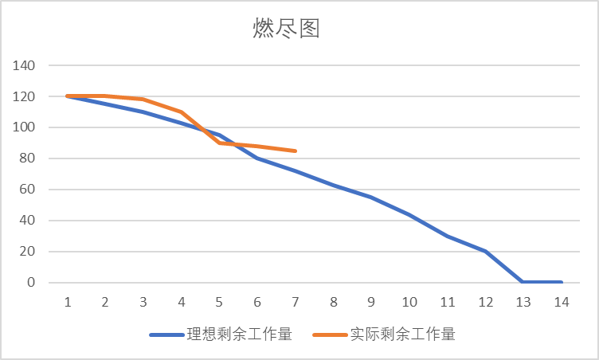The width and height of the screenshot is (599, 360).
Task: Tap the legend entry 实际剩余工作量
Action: coord(402,335)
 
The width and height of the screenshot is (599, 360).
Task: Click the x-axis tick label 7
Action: coord(296,303)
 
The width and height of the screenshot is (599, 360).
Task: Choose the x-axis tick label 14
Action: coord(562,303)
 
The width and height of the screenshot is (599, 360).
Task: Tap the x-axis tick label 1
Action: coord(68,303)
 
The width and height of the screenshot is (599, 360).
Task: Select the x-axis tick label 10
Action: coord(409,303)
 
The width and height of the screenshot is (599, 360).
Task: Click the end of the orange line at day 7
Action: coord(296,151)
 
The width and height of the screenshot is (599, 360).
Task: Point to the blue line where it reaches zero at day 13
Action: coord(523,282)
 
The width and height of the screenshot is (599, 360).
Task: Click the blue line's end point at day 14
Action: coord(562,282)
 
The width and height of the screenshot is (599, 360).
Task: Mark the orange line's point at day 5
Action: coord(220,143)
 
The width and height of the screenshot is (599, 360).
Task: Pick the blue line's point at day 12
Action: coord(485,252)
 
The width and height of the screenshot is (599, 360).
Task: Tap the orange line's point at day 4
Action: coord(182,112)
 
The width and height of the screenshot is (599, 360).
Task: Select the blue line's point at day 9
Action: coord(371,197)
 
